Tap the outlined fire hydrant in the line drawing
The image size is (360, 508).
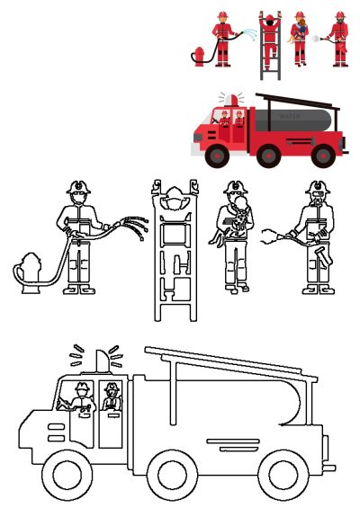coord(31,274)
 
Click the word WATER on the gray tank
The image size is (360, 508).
coord(290,117)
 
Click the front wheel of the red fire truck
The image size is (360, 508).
coord(216,156)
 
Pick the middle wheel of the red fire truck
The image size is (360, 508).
coord(268,156)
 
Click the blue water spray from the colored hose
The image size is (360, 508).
coord(247,34)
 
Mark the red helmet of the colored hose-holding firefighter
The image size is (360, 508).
coord(221,15)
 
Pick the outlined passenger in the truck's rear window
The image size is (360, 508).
coord(111,397)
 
